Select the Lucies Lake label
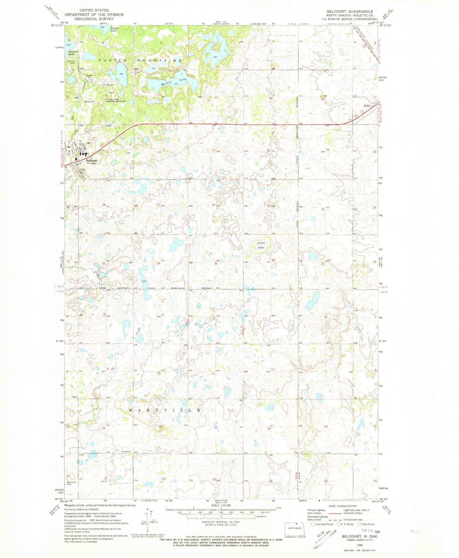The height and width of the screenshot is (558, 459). click(x=261, y=245)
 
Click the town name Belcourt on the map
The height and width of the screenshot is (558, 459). click(x=92, y=161)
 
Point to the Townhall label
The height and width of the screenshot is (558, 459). click(x=126, y=452)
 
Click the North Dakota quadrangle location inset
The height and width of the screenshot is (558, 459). click(x=295, y=528)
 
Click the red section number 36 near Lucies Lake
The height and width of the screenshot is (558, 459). click(x=273, y=260)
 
